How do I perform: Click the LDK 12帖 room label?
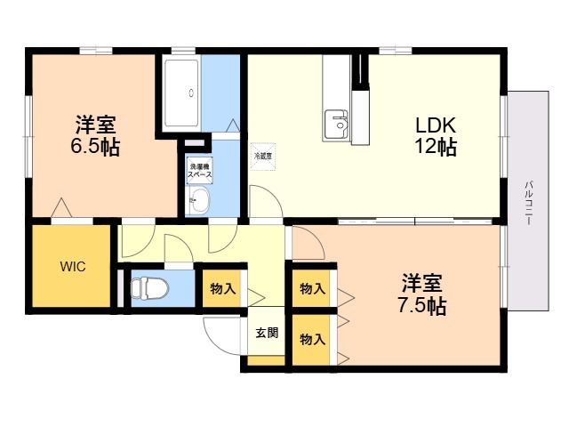tap(436, 136)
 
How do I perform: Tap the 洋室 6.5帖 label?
tap(95, 135)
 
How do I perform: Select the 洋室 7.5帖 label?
tap(422, 294)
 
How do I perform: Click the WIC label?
tap(73, 267)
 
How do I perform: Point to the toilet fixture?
tap(149, 288)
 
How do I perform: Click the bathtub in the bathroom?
tap(181, 93)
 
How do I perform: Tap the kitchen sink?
tap(336, 125)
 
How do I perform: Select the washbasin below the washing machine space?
tap(197, 200)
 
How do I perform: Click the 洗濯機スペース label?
tap(199, 171)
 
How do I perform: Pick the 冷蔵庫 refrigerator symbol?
tap(263, 157)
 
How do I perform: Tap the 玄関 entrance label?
tap(267, 333)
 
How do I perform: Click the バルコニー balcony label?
tap(528, 202)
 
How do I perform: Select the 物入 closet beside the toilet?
tap(222, 289)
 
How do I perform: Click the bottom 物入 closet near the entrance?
tap(312, 340)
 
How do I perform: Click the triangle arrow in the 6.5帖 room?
tap(61, 207)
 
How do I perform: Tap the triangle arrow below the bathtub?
tap(233, 125)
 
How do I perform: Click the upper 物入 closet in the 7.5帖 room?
tap(312, 289)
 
